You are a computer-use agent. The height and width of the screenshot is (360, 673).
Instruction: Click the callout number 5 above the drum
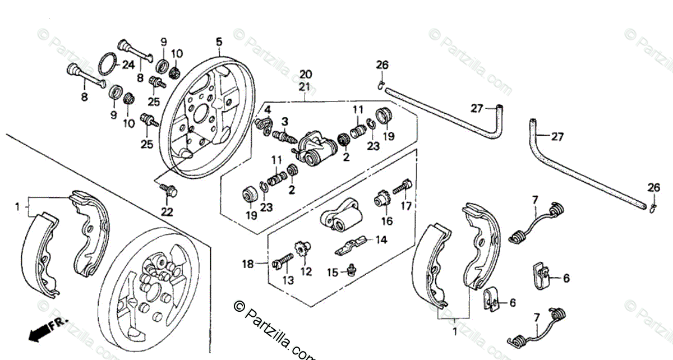click(x=219, y=41)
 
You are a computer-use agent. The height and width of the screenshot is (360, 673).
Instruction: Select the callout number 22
click(x=167, y=211)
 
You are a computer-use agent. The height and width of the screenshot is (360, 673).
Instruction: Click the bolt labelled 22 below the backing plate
click(x=167, y=190)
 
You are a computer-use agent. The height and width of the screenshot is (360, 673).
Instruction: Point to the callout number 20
click(x=305, y=74)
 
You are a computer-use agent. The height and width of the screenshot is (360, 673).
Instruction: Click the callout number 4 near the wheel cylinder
click(x=268, y=109)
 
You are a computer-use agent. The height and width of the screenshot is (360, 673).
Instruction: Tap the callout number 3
click(x=285, y=122)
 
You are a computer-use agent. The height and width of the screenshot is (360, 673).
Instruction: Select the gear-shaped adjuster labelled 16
click(x=383, y=199)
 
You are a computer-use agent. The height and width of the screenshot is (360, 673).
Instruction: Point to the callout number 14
click(x=381, y=240)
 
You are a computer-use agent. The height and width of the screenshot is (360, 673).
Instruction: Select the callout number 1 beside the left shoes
click(x=17, y=207)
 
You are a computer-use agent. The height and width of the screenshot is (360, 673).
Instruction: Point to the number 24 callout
click(x=128, y=64)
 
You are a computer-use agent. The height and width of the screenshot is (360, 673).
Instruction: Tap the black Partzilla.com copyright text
click(x=275, y=330)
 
